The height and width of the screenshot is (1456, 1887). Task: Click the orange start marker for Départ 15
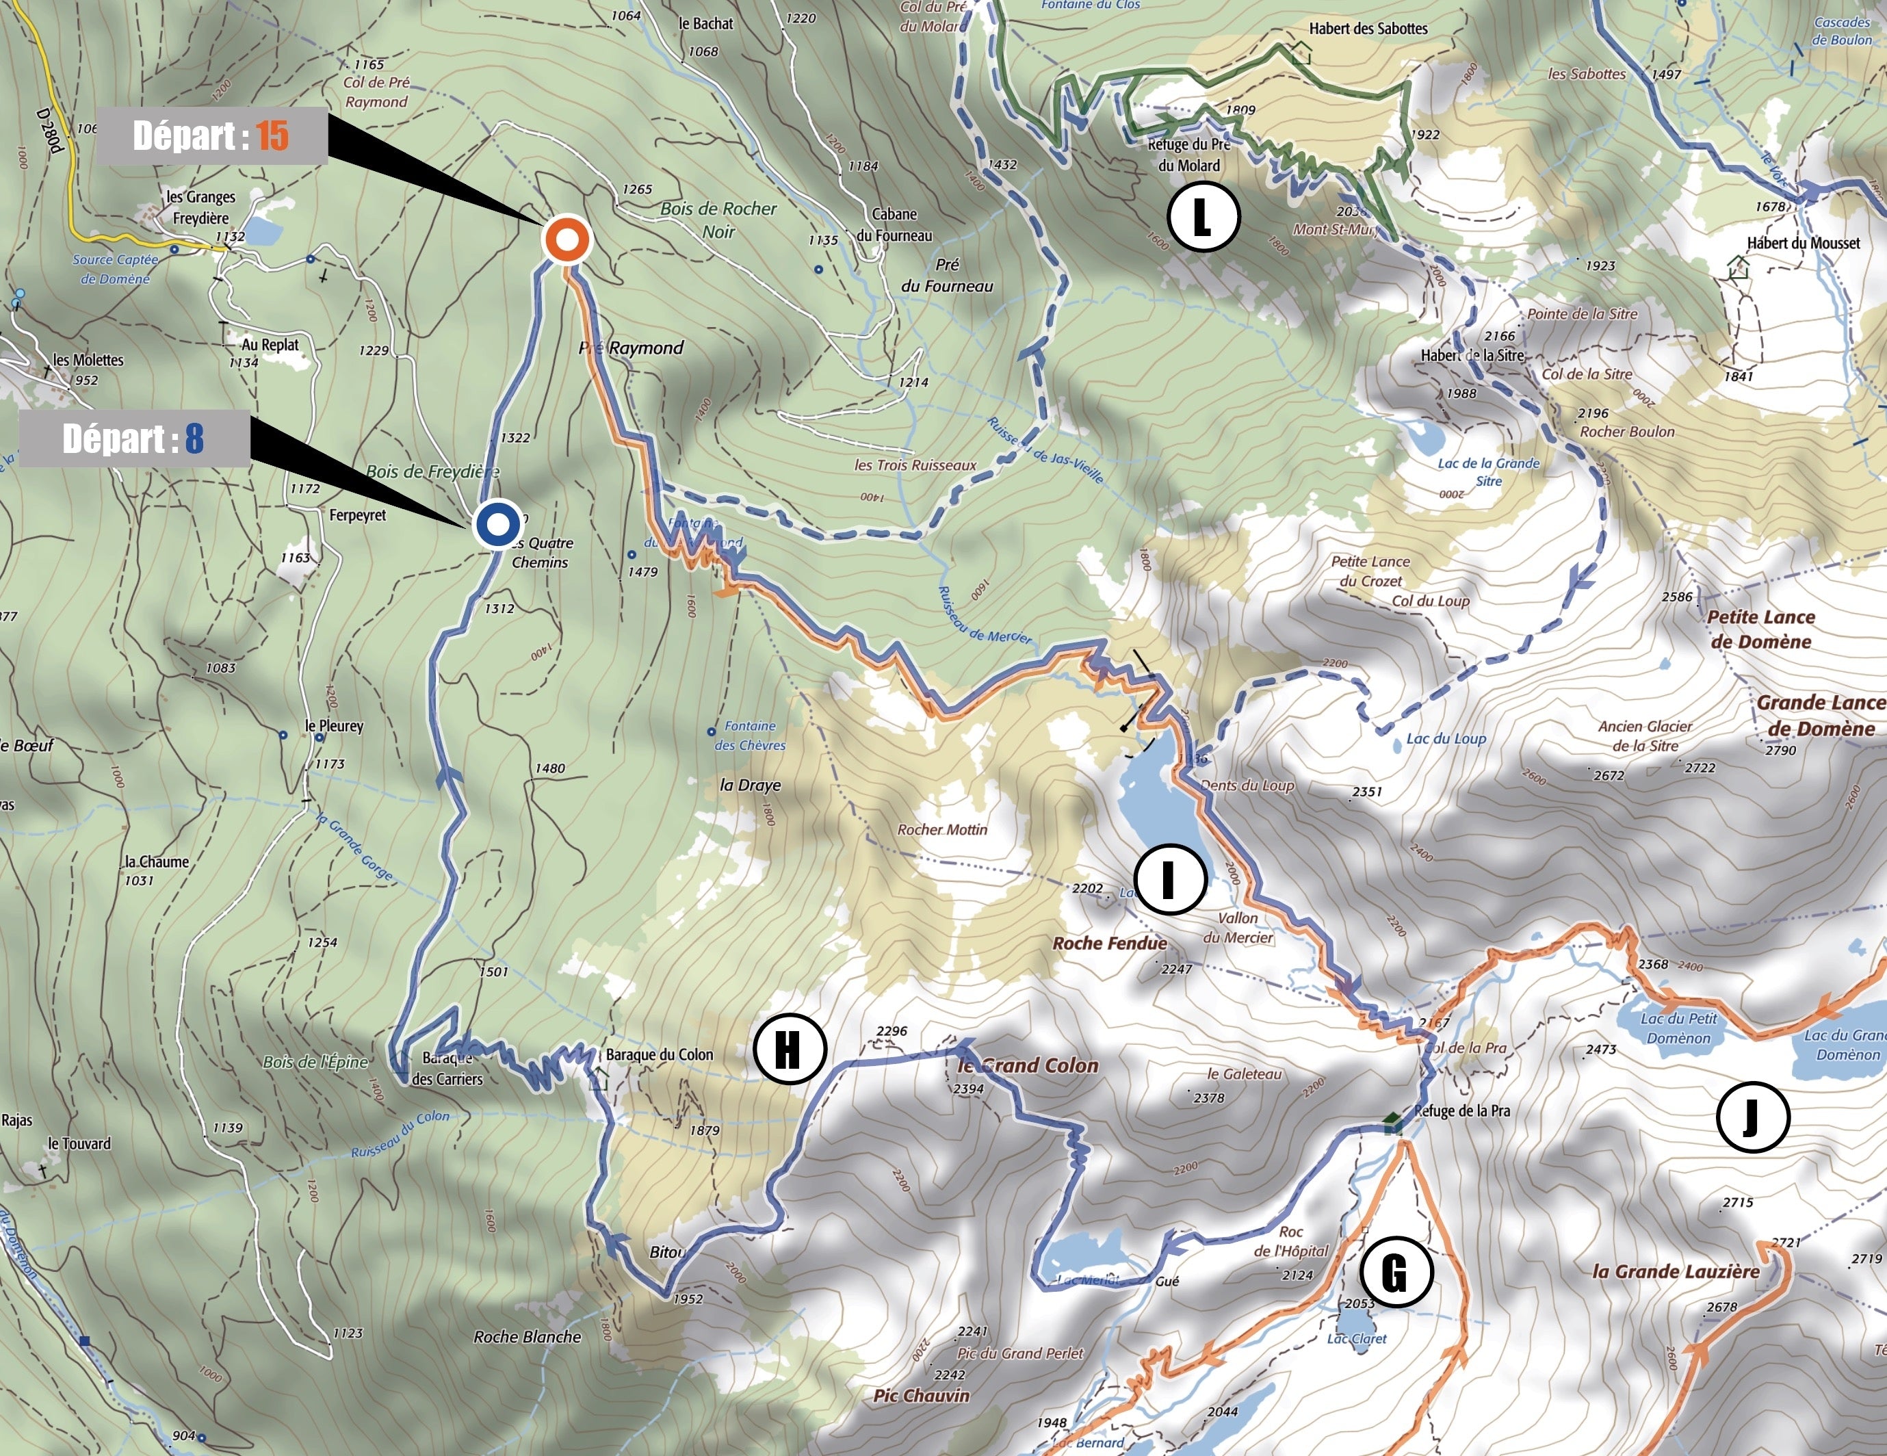tap(566, 239)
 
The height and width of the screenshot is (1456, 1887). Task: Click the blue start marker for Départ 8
tap(497, 523)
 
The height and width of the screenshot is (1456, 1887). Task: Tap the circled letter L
tap(1203, 217)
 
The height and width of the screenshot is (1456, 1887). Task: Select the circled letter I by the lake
tap(1170, 881)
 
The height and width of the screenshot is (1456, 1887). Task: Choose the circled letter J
tap(1752, 1117)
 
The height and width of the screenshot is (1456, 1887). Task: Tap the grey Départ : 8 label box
tap(134, 439)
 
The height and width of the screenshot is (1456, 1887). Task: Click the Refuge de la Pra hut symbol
tap(1392, 1123)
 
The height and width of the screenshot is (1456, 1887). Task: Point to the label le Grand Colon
tap(1028, 1065)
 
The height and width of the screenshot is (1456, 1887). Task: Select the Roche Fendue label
tap(1109, 943)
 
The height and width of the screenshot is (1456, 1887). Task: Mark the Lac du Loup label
tap(1446, 739)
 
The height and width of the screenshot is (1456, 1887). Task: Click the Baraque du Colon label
tap(660, 1054)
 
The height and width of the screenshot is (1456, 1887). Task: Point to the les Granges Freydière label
tap(201, 207)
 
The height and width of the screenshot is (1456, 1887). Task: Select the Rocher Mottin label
tap(941, 829)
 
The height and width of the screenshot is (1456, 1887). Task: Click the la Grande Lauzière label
tap(1676, 1271)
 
